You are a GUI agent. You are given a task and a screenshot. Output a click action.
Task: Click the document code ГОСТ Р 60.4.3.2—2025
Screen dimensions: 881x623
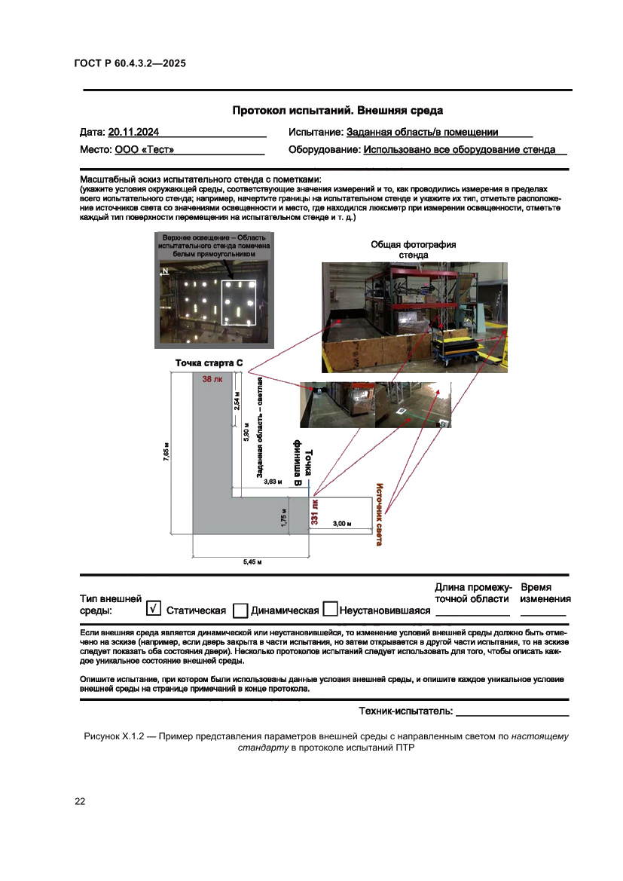coord(130,63)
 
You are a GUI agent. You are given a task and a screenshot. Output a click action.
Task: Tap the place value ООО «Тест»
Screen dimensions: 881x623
coord(144,150)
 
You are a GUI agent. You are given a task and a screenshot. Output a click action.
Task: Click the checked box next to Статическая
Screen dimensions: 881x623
coord(154,608)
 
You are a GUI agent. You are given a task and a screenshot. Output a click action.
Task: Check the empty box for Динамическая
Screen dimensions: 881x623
coord(241,610)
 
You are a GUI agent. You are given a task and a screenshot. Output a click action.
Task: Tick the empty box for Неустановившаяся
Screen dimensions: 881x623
coord(329,610)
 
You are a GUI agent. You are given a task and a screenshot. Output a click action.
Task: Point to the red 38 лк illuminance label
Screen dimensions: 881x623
coord(212,380)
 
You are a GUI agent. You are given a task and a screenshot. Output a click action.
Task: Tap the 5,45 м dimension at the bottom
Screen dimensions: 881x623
coord(251,562)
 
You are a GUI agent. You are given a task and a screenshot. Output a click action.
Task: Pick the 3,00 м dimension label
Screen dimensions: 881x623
coord(343,522)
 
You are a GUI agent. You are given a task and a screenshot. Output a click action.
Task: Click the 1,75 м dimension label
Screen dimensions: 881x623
coord(283,520)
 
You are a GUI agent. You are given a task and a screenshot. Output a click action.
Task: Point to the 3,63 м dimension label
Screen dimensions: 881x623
coord(273,481)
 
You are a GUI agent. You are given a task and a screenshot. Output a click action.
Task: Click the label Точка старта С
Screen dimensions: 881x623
coord(209,363)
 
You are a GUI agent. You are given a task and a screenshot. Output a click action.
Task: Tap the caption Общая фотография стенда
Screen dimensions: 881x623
coord(413,249)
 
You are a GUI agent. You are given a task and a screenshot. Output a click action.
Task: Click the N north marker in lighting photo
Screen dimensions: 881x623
coord(164,274)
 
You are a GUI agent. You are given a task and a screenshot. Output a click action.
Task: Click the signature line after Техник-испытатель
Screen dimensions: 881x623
coord(512,711)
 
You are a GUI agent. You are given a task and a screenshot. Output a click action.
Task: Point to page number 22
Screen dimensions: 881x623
coord(80,801)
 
